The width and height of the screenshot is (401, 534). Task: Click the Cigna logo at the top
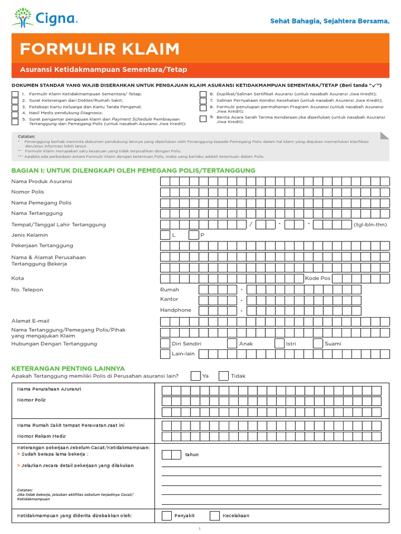[44, 18]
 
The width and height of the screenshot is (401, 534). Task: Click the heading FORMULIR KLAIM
[99, 49]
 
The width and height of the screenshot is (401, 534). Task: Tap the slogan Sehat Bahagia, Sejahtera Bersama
[329, 21]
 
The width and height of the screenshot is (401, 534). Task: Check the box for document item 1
[15, 94]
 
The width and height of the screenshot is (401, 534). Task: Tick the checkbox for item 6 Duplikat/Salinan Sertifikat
[203, 94]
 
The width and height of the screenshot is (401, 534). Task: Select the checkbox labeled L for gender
[165, 235]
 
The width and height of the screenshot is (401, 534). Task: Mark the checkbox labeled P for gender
[194, 235]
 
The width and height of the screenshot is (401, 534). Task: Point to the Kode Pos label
[317, 278]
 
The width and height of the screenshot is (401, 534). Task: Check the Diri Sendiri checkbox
[165, 344]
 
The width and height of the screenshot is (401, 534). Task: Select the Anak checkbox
[232, 344]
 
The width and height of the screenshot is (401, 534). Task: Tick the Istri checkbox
[279, 344]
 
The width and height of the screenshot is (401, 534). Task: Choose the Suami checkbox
[317, 344]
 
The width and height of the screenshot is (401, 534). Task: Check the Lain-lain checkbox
[165, 354]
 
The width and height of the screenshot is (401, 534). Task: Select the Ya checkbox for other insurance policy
[195, 376]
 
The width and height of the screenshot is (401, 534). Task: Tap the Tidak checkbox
[223, 376]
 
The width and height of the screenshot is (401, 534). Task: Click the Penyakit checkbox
[167, 516]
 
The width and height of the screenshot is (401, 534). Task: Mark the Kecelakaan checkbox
[215, 516]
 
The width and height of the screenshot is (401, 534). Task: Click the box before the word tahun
[171, 454]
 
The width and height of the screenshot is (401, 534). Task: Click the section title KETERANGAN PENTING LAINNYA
[68, 368]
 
